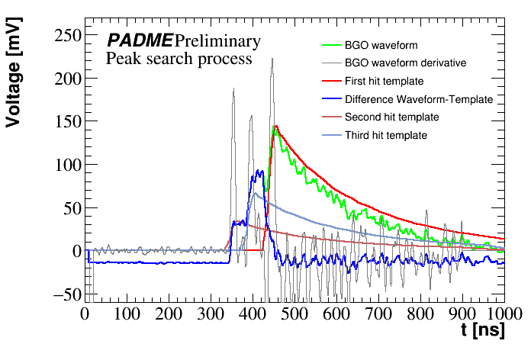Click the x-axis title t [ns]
click(483, 330)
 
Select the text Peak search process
click(179, 59)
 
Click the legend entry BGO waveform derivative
click(405, 63)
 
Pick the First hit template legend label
click(384, 81)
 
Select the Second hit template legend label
click(391, 117)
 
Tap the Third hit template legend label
click(385, 136)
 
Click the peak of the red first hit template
click(275, 126)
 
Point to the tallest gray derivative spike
click(272, 59)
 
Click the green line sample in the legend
click(330, 45)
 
